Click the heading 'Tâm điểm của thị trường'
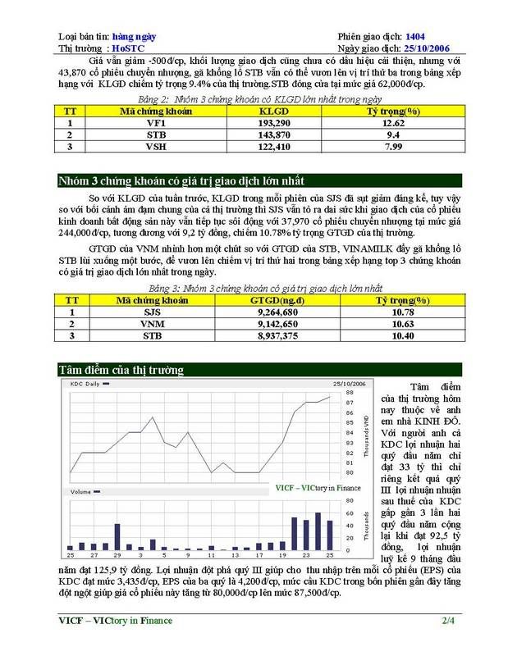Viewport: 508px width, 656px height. [121, 370]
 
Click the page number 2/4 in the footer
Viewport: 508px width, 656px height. [448, 620]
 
